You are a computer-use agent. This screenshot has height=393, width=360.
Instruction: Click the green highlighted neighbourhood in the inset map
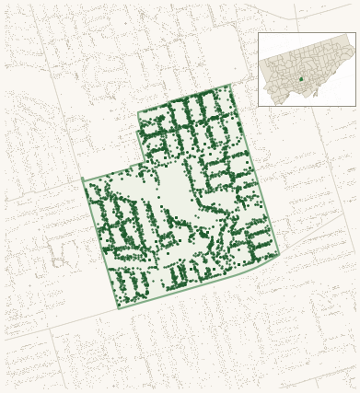pos(301,78)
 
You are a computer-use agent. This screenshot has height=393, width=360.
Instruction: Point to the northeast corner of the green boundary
pos(229,86)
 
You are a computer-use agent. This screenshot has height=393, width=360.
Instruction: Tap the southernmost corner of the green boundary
pos(118,307)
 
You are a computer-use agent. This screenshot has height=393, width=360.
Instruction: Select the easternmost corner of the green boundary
pos(279,253)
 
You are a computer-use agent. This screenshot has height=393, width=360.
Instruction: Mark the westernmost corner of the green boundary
pos(83,179)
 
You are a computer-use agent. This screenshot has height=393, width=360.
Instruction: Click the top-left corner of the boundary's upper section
pos(138,114)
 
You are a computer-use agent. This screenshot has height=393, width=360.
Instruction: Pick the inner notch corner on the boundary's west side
pos(143,163)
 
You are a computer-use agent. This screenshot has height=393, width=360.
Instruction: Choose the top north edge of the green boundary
pos(184,98)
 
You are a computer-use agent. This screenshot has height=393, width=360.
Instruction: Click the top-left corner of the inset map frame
pos(258,33)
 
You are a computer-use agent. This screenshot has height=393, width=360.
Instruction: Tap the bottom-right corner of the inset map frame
pos(355,106)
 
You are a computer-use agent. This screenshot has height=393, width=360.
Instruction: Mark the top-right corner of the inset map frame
pos(355,33)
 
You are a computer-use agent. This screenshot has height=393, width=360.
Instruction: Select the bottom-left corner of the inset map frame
pos(258,106)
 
